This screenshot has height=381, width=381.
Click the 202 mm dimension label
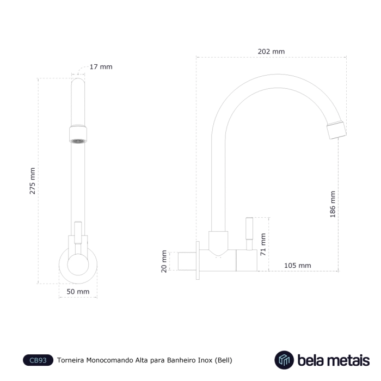[271, 52]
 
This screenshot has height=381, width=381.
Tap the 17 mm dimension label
[101, 67]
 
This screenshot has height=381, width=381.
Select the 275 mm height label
[32, 181]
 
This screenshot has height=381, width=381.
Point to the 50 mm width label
[78, 291]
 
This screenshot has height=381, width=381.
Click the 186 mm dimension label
[333, 204]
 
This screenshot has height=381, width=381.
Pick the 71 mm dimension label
[263, 244]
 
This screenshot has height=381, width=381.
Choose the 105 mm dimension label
[298, 266]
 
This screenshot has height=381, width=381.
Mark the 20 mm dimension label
[164, 261]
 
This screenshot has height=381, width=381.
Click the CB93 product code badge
[38, 360]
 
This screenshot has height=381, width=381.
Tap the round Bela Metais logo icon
[284, 360]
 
